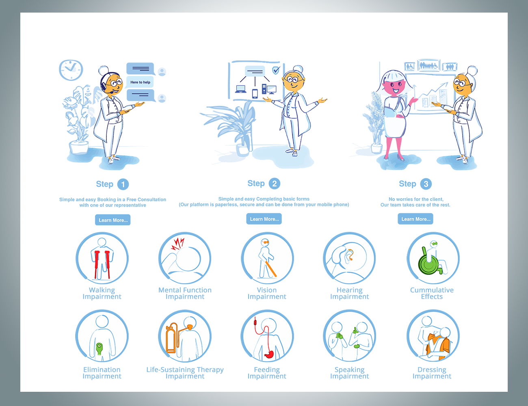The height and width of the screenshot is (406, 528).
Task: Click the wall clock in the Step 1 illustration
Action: (x=71, y=70)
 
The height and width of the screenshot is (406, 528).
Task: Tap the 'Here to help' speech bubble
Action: (x=140, y=82)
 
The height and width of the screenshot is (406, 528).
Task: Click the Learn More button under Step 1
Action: (x=113, y=220)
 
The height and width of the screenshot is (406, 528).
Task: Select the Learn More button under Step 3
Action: (x=415, y=219)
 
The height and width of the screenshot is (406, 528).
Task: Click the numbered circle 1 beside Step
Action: (x=123, y=184)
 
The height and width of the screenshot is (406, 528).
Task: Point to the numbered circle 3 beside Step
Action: (x=426, y=184)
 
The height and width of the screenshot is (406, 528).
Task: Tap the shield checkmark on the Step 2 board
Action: (x=276, y=70)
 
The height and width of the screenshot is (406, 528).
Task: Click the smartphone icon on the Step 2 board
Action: (x=255, y=94)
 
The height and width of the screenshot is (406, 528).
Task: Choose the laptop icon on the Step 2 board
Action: (x=240, y=89)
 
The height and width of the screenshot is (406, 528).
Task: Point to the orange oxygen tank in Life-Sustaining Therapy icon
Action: (x=172, y=338)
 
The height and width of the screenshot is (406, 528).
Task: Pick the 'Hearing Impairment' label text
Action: (x=349, y=293)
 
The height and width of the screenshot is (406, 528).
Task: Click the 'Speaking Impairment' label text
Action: (x=349, y=373)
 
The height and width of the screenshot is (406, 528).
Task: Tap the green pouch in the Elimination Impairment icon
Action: (x=99, y=349)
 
